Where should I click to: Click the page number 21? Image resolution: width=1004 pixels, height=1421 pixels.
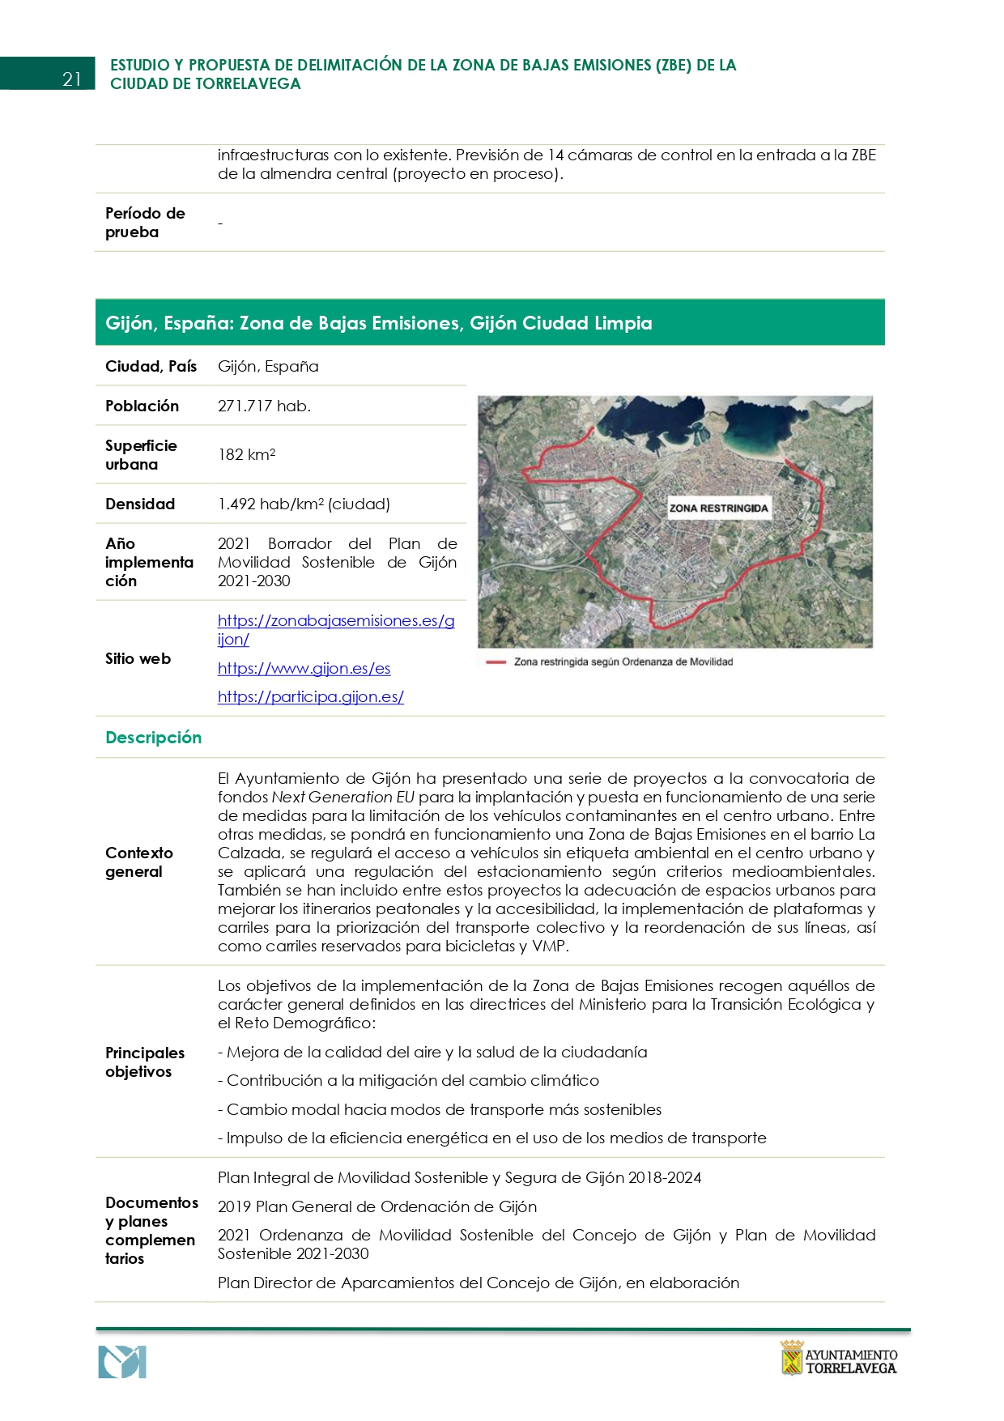tap(71, 79)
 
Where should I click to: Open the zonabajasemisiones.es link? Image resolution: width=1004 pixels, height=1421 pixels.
tap(335, 629)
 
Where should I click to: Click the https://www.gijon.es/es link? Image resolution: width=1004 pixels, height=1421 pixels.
tap(304, 668)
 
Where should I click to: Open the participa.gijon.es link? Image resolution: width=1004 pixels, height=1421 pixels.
tap(310, 696)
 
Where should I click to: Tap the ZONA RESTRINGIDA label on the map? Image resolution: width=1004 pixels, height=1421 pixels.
tap(718, 508)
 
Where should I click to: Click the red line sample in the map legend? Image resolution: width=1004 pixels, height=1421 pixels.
tap(495, 662)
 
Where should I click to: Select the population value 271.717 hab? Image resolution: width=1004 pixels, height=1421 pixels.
tap(264, 406)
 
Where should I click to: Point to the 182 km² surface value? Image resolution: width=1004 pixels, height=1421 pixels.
tap(246, 454)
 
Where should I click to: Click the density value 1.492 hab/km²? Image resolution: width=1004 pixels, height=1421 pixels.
tap(304, 504)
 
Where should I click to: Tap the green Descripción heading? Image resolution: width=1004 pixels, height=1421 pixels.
tap(153, 737)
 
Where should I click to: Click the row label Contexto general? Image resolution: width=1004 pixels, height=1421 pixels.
tap(138, 862)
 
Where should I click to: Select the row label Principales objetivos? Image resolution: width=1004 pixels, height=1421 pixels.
tap(144, 1061)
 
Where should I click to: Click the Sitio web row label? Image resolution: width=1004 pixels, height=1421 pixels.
tap(138, 658)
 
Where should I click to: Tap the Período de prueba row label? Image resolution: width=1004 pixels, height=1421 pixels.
tap(144, 222)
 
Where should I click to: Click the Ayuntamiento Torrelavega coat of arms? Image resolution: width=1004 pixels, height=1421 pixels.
tap(791, 1357)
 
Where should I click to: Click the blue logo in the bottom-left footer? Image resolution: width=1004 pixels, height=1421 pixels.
tap(122, 1362)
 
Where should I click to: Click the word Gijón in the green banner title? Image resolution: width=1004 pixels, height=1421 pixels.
tap(130, 323)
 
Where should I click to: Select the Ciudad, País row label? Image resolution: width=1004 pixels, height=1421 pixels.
tap(151, 366)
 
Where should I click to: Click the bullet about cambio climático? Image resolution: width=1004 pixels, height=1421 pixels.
tap(408, 1080)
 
